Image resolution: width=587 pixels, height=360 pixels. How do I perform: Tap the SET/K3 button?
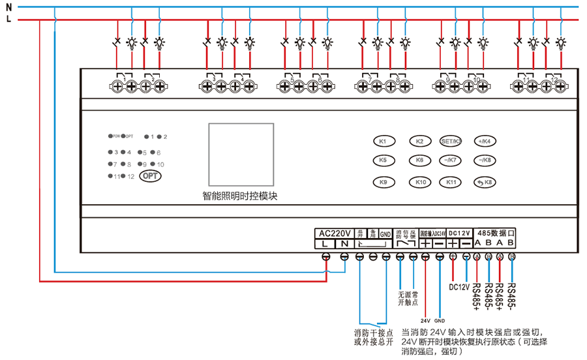coord(451,141)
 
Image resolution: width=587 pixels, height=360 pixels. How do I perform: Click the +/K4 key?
coord(484,141)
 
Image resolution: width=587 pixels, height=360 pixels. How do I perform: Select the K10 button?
coord(419,182)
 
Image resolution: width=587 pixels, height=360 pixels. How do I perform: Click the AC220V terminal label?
coord(335,233)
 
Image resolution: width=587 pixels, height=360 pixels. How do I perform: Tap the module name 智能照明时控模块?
coord(240,196)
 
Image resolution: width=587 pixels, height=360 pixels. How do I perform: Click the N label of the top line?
coord(8,7)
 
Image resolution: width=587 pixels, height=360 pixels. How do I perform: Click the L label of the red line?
coord(8,20)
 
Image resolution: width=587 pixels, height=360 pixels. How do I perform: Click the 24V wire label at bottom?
coord(425,321)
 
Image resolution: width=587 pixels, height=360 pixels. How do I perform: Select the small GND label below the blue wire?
coord(440,321)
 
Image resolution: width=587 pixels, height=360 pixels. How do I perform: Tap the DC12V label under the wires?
coord(460,286)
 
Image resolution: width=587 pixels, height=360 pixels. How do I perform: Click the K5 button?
coord(383,160)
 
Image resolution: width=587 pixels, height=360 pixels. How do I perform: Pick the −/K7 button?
coord(451,160)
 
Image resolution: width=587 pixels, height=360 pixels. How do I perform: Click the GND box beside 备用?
coord(385,233)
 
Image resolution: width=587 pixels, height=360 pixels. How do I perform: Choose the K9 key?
coord(383,182)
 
